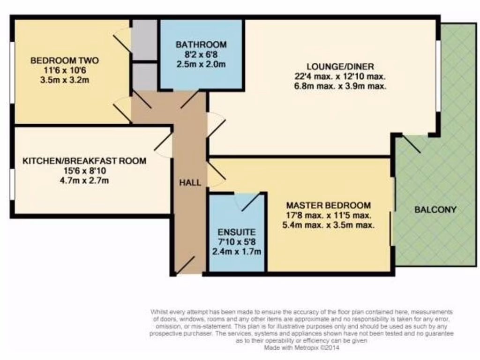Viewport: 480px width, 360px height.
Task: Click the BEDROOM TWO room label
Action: coord(65,60)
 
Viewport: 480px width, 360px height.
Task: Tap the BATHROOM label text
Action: coord(201,45)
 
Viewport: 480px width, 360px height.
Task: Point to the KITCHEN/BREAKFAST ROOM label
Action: coord(84,161)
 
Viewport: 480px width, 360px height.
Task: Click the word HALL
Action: coord(190,183)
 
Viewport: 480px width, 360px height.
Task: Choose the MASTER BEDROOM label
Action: coord(328,205)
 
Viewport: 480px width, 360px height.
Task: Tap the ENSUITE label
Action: coord(236,232)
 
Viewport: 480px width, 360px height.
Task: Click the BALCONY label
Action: coord(435,210)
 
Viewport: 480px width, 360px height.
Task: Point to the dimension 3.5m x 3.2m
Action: coord(65,80)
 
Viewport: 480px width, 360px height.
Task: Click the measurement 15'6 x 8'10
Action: coord(84,171)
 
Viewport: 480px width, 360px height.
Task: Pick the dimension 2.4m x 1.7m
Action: coord(236,252)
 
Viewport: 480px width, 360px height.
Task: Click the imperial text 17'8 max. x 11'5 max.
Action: coord(328,215)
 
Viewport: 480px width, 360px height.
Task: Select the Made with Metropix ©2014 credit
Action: coord(301,348)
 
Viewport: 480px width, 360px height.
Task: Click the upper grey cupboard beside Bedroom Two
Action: coord(144,39)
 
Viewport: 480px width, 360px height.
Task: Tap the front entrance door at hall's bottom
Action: coord(185,265)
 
